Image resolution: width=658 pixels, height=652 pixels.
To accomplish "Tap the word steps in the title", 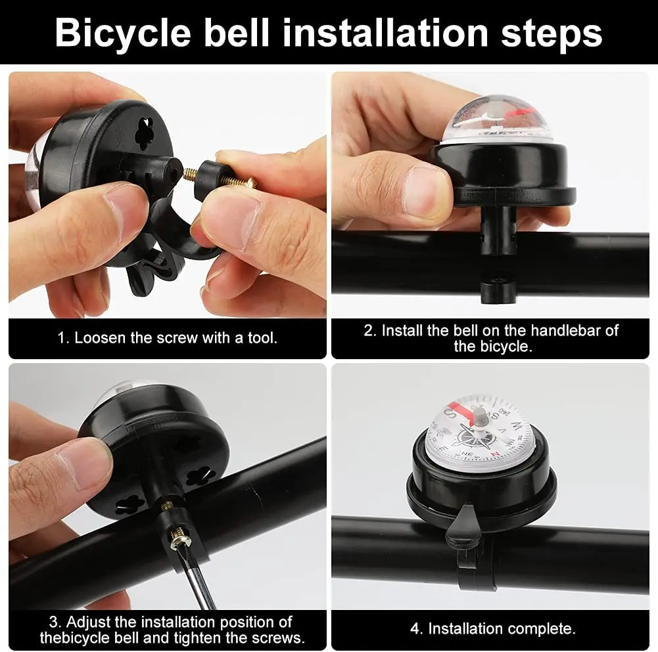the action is tap(552, 33).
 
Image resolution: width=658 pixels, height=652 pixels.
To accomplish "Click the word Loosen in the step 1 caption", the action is tap(100, 338).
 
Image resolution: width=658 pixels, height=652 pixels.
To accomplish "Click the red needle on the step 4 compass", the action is tap(460, 410).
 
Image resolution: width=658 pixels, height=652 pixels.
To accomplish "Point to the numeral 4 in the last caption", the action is tap(415, 628).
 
